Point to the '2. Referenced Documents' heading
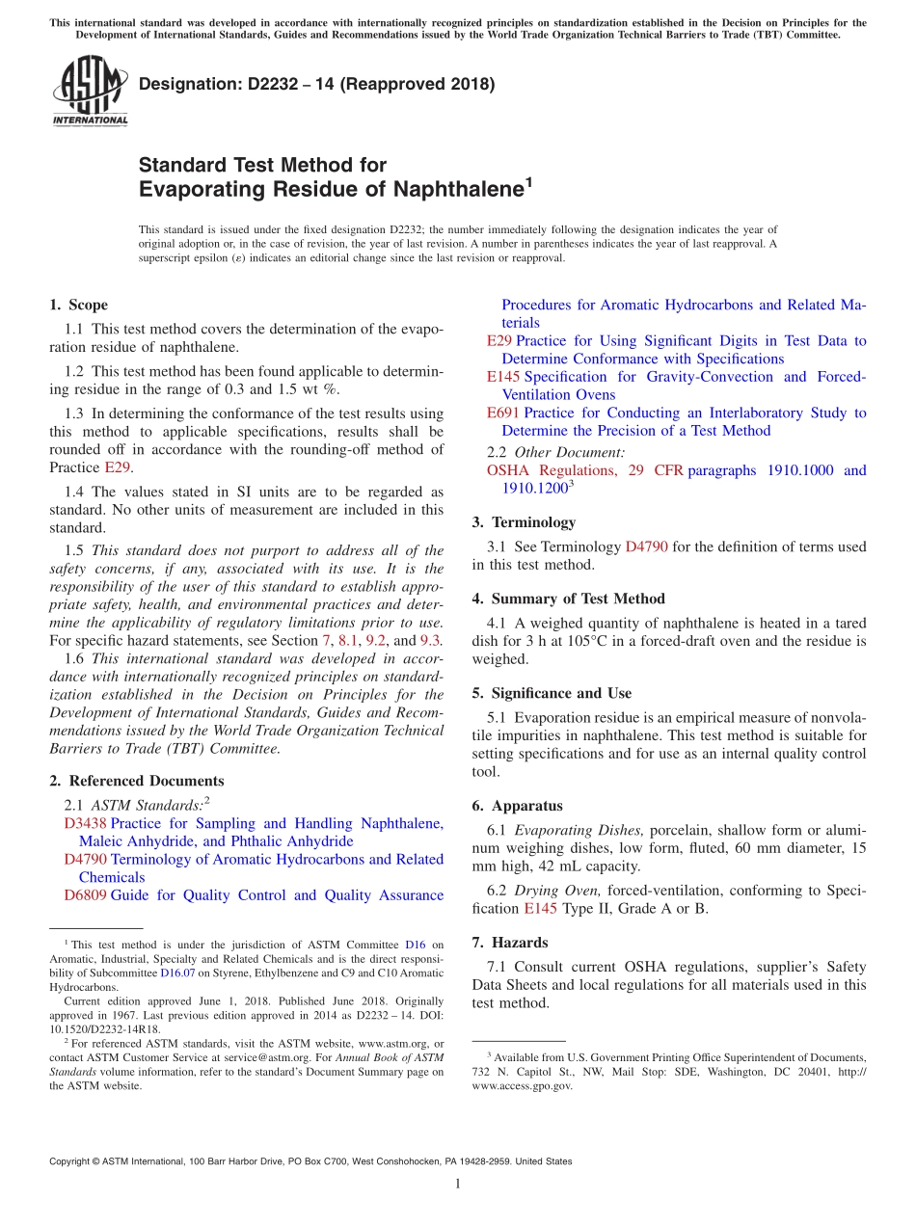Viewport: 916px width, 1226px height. pos(136,781)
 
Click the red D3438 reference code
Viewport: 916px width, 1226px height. pos(85,824)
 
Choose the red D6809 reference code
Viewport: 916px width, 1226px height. pos(85,895)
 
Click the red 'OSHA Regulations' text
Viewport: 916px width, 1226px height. pos(552,470)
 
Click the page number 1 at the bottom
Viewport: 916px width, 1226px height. pos(458,1184)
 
